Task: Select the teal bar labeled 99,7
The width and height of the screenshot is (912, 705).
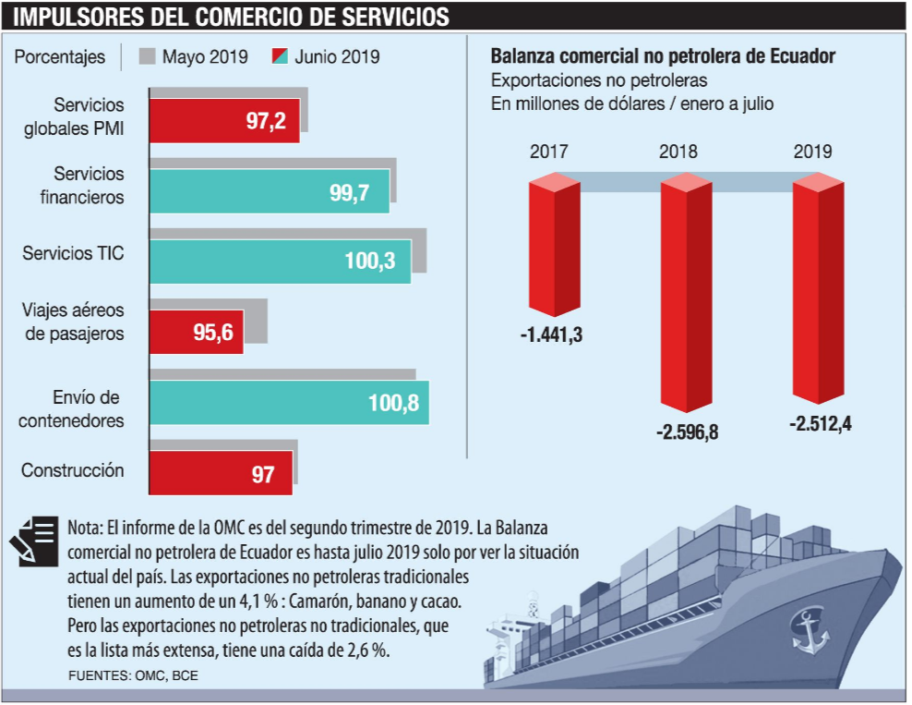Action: pos(270,192)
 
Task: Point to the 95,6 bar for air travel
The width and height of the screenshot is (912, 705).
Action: pos(197,333)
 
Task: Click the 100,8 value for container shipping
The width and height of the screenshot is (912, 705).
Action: pos(393,403)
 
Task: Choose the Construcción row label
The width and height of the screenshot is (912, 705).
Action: pos(73,470)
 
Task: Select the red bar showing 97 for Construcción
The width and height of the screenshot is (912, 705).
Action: pos(222,475)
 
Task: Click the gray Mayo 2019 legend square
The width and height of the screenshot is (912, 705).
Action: pos(147,56)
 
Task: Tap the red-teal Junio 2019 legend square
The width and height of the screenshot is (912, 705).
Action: pos(281,56)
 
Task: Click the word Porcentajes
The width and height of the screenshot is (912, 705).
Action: pos(60,57)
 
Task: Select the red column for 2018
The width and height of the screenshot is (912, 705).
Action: pos(686,296)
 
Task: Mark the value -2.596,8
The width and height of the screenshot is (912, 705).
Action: pos(687,432)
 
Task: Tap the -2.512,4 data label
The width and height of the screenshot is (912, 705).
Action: pos(820,424)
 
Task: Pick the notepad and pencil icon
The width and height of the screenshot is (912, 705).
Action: pos(35,541)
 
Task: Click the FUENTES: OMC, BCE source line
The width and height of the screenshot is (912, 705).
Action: pos(133,675)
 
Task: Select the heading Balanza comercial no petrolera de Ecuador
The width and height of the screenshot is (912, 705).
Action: pos(663,56)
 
